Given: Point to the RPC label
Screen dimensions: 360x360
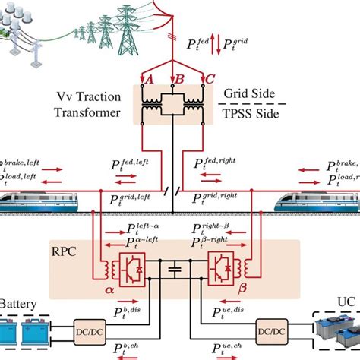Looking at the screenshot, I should pyautogui.click(x=73, y=248).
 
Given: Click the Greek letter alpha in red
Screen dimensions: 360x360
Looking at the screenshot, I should pyautogui.click(x=98, y=289).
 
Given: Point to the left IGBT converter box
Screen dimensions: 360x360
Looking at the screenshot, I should pyautogui.click(x=130, y=268).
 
